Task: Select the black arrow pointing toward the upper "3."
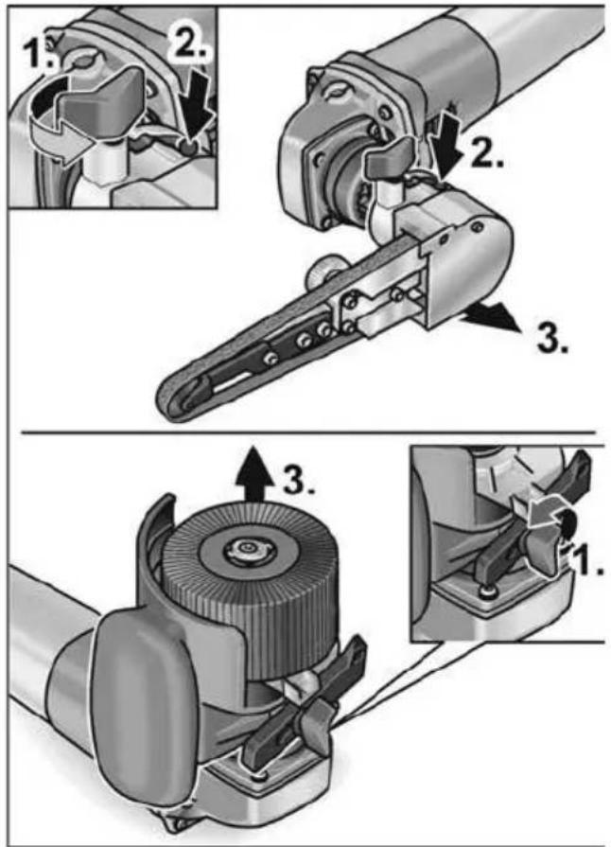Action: click(490, 318)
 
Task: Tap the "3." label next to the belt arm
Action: click(551, 338)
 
